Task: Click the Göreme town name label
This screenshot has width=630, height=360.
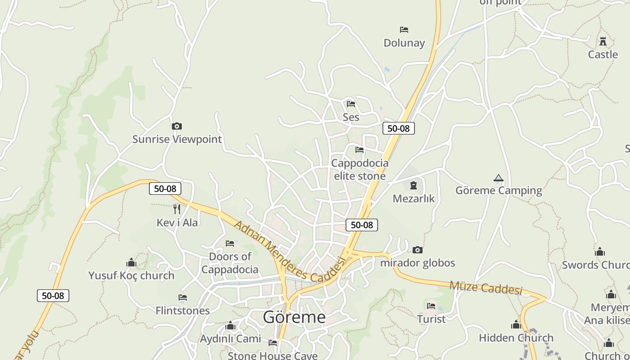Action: point(294,317)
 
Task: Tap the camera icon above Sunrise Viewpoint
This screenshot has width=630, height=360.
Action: point(177,126)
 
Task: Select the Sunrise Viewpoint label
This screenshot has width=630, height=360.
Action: point(177,139)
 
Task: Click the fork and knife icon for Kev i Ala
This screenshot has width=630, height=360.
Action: point(177,209)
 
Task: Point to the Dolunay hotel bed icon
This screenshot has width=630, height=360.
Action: point(404,30)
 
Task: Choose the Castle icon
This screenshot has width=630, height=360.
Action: point(603,41)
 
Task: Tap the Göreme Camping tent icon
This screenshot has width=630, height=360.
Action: point(498,178)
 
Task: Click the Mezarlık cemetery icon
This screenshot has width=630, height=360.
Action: point(414,185)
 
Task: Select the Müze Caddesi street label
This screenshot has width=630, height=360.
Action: point(486,287)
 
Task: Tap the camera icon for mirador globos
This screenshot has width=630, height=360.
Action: point(418,250)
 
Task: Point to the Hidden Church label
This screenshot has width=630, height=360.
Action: point(516,337)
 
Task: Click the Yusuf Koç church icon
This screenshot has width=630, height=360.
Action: point(131,262)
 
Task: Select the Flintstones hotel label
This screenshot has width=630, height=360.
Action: point(183,310)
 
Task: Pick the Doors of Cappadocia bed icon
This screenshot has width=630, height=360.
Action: point(230,243)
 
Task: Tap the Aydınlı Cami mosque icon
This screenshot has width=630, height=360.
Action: point(230,326)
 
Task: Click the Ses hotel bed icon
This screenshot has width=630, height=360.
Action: point(351,104)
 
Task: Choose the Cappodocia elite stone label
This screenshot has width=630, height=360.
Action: point(360,169)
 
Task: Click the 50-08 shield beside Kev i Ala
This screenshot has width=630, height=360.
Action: point(165,189)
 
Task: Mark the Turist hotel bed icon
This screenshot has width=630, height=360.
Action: point(431,306)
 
